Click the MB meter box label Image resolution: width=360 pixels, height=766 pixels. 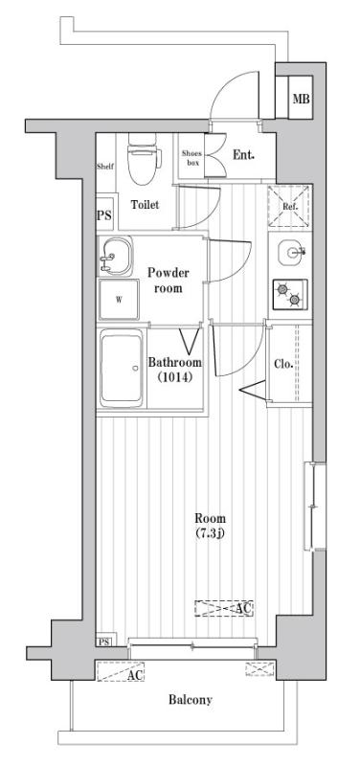301,100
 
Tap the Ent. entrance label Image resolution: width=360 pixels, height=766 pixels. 243,153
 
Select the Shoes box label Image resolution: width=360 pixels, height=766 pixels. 192,157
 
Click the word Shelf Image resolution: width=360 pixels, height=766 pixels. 105,167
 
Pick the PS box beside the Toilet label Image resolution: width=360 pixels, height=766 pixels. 104,215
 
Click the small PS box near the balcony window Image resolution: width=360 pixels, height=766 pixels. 103,640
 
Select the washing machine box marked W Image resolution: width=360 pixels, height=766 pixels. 120,300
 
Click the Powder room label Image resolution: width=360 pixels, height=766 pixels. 169,280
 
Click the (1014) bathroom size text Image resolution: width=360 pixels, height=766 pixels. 174,378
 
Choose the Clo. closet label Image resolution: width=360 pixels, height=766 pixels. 282,364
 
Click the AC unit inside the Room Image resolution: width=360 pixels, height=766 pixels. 223,608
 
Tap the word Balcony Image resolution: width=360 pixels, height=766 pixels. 191,700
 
